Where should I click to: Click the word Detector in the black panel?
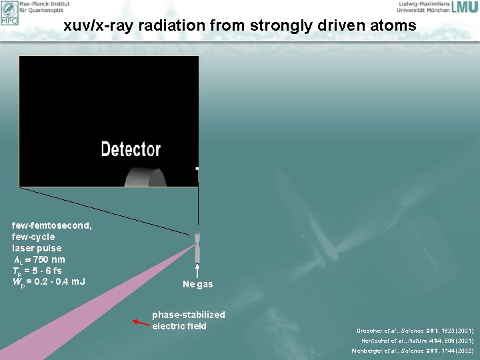click(131, 149)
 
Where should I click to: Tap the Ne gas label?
click(198, 285)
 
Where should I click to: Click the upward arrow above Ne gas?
click(197, 270)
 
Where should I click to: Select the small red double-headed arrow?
click(141, 323)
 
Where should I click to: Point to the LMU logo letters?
click(464, 8)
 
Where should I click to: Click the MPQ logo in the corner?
click(9, 12)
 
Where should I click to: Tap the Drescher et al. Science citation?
click(415, 330)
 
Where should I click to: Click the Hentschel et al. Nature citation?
click(417, 340)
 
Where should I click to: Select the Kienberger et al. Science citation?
click(413, 350)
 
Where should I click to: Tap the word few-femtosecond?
click(52, 225)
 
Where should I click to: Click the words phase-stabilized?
click(189, 315)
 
